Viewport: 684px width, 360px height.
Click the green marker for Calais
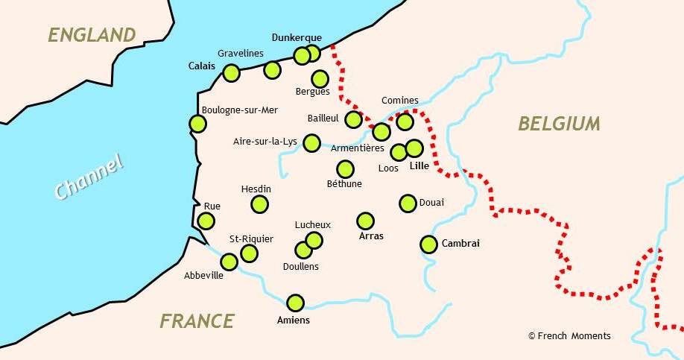[x=231, y=72]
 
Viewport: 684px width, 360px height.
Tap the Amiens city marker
[x=296, y=303]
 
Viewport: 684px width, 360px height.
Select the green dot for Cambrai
[x=428, y=244]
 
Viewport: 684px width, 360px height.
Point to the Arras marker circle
[x=365, y=221]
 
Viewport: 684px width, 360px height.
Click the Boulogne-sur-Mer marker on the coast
[x=197, y=124]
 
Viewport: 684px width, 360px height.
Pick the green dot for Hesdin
[x=259, y=203]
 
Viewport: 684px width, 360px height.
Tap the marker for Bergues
[x=320, y=78]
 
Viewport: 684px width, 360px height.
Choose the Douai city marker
[x=408, y=203]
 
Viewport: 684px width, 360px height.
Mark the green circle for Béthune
[x=345, y=169]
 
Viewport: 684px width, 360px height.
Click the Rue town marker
[x=206, y=221]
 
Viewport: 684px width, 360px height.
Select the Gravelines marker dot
[x=272, y=70]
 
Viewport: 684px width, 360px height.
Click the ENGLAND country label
[x=92, y=35]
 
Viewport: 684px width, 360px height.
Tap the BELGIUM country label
[x=559, y=124]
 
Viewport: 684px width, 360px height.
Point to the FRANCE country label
[x=197, y=321]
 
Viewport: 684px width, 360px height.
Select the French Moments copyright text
[x=569, y=336]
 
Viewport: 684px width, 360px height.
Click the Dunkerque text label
[x=297, y=37]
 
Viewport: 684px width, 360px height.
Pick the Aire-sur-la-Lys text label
[x=265, y=141]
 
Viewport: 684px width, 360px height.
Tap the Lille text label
[x=419, y=165]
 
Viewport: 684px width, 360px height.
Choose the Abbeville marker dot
[x=229, y=262]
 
